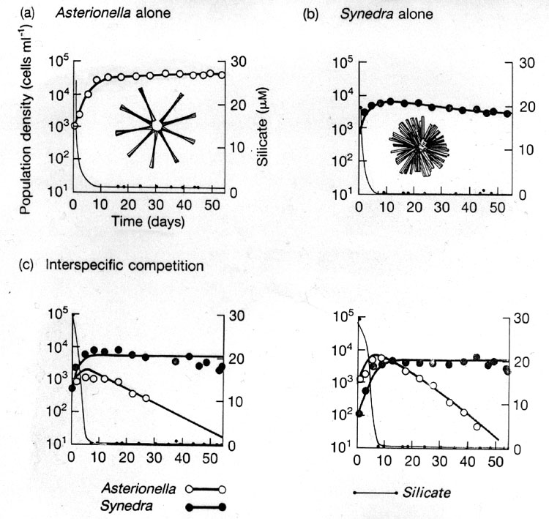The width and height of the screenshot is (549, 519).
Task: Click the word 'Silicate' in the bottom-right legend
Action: (x=427, y=493)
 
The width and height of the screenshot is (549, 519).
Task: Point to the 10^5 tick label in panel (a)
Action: (x=59, y=61)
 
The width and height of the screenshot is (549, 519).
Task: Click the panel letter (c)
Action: (x=26, y=265)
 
